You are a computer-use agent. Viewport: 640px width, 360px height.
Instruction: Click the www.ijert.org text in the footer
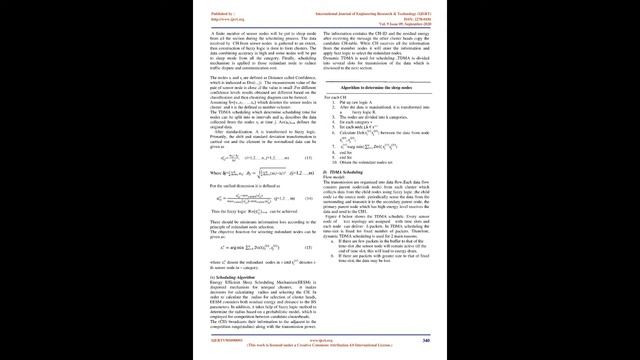(x=321, y=341)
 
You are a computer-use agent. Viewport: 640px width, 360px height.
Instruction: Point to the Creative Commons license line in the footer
(x=320, y=346)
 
